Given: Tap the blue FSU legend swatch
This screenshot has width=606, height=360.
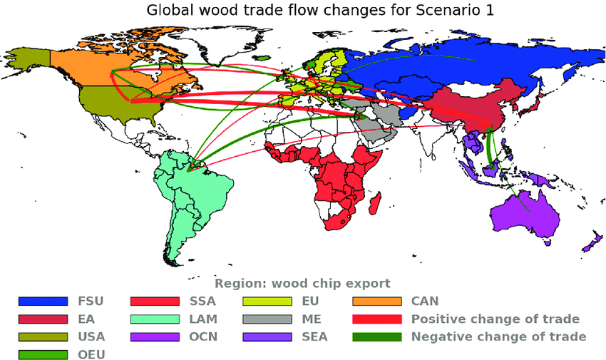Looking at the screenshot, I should click(43, 302).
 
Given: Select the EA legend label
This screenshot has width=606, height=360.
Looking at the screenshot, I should click(86, 319).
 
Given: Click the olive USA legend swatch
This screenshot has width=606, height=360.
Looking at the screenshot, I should click(43, 336).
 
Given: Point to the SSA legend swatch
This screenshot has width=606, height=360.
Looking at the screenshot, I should click(155, 302).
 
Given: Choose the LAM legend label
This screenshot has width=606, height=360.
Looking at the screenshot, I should click(203, 319).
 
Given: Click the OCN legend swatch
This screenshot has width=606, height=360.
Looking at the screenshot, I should click(155, 336).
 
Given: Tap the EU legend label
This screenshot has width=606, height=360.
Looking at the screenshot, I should click(310, 302).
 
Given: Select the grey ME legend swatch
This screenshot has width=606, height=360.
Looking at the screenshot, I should click(267, 319).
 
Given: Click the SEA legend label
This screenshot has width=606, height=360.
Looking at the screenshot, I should click(314, 336).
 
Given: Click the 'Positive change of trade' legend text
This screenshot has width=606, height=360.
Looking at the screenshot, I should click(495, 319).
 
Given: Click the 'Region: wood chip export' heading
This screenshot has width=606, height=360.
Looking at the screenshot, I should click(302, 283).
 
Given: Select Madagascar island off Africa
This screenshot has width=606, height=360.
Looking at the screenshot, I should click(389, 201).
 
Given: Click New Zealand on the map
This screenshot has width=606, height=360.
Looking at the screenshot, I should click(590, 243).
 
